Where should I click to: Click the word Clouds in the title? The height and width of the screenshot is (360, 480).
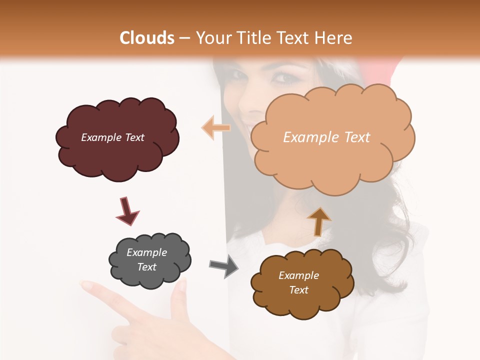147,38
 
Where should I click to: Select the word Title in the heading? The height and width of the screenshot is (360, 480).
252,38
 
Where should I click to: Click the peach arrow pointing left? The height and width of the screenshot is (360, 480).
216,128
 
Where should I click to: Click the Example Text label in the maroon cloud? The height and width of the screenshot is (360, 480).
112,137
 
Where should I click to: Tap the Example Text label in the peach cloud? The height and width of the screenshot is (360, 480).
326,137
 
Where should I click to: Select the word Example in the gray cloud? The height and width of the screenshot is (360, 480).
146,252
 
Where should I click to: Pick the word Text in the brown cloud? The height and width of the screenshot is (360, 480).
298,290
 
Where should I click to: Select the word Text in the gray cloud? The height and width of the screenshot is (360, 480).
146,267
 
